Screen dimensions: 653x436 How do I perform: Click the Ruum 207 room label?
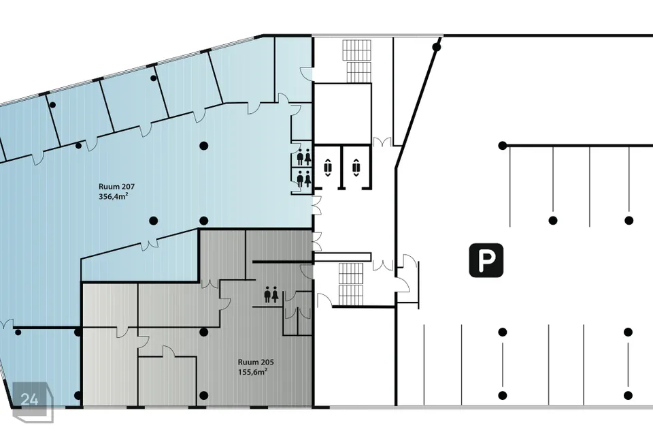click(116, 187)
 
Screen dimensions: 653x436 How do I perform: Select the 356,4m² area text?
click(113, 196)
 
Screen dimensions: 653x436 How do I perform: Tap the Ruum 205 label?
click(256, 362)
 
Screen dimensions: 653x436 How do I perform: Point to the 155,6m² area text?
click(252, 372)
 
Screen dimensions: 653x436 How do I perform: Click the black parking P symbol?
click(486, 260)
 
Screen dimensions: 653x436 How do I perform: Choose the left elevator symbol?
click(328, 168)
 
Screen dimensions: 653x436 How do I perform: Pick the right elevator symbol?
click(356, 168)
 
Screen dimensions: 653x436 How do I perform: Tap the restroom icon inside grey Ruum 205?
click(271, 294)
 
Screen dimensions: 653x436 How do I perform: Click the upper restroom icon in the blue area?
click(303, 157)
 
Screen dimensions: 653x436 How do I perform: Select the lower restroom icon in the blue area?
click(303, 178)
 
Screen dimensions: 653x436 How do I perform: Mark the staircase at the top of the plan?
click(357, 61)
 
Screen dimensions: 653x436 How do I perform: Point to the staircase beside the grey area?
click(351, 284)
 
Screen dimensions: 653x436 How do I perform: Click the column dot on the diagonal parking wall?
click(437, 47)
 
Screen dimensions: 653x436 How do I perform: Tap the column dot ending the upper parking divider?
click(503, 146)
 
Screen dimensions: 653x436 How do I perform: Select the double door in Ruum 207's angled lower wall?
click(149, 245)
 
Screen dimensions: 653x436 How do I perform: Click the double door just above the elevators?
click(382, 142)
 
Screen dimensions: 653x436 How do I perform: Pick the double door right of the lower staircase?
click(383, 265)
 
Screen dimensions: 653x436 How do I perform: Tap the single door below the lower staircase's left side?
click(324, 299)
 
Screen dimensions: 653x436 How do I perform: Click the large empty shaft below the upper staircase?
click(342, 114)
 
